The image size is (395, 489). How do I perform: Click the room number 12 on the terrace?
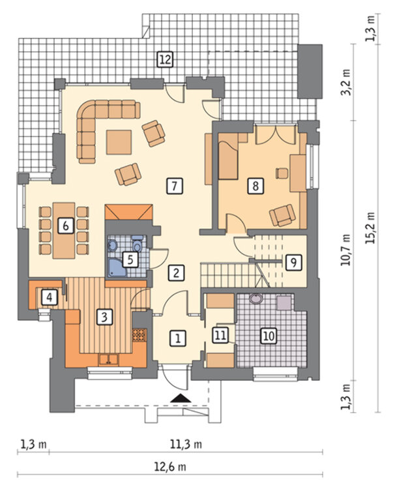164,60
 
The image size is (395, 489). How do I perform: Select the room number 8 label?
256,186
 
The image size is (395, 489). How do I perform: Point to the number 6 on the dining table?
64,226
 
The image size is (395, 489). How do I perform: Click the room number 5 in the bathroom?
130,259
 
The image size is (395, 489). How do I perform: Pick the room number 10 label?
267,336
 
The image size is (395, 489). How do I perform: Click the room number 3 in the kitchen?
102,318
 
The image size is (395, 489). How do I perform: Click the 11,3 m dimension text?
186,444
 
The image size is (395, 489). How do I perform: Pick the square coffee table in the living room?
119,140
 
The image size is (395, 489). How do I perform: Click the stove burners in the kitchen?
139,336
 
